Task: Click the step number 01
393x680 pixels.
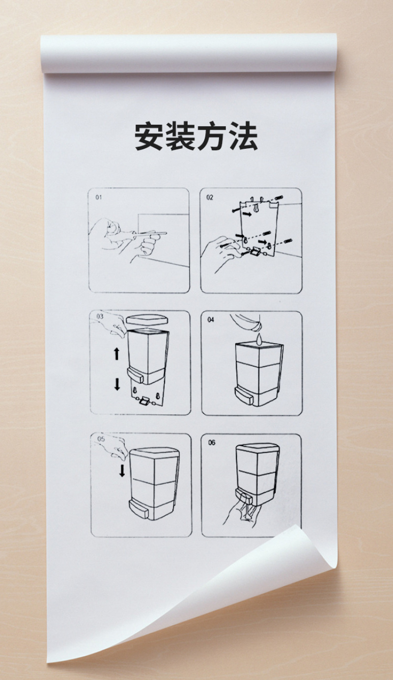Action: click(98, 197)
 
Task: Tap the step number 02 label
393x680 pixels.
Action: click(210, 197)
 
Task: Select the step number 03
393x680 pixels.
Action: click(100, 316)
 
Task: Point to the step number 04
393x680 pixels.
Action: click(211, 319)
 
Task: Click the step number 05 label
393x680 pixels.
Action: click(101, 439)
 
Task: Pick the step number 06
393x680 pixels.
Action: click(211, 442)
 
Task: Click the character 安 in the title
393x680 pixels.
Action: click(148, 136)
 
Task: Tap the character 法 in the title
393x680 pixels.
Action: click(243, 136)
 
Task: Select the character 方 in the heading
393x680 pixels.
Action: click(211, 136)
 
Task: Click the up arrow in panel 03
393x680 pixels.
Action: click(116, 354)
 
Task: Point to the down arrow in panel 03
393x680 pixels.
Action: click(117, 384)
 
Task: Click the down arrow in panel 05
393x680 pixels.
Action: click(122, 471)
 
